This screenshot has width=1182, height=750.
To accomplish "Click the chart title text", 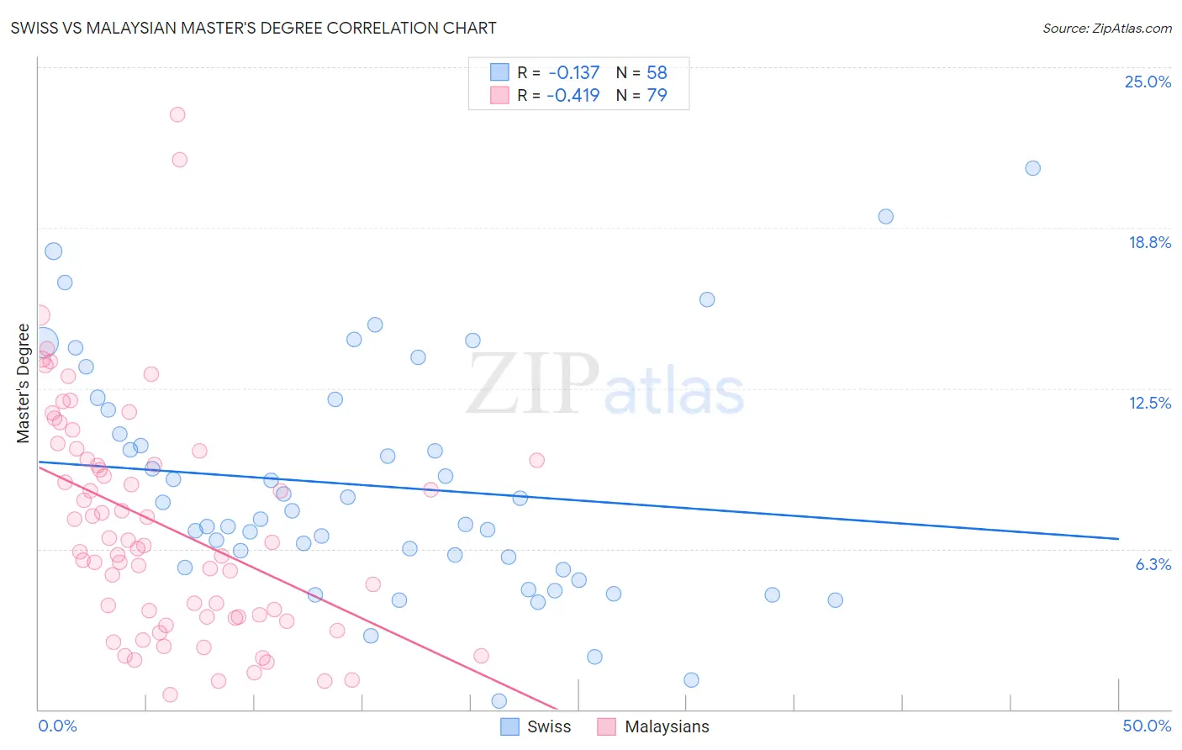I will point(253,28).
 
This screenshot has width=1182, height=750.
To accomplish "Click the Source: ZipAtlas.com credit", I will point(1106,28).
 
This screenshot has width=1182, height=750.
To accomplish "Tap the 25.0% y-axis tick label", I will point(1147,82).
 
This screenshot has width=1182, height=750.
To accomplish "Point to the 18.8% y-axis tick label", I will point(1148,242).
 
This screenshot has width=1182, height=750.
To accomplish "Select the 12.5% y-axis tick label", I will point(1148,403).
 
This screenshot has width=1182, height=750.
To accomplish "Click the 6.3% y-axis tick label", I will point(1153,564).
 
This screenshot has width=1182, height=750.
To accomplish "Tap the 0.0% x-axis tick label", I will point(57,726).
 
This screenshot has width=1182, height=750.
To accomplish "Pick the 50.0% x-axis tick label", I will point(1146,726).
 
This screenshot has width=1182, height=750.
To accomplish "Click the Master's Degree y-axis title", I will point(23,383).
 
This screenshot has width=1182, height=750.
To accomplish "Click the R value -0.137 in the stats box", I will point(573,73).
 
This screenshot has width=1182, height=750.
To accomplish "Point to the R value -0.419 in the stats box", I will point(573,95).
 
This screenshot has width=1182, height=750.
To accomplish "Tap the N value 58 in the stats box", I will point(657,73).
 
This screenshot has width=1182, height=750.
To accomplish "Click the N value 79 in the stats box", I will point(657,95).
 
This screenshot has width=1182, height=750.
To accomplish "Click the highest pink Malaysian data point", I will point(177,114).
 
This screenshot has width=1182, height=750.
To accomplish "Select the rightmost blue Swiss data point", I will point(1032,168).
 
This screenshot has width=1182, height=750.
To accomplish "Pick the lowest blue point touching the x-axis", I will point(499,700).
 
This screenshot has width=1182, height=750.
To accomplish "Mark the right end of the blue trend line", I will point(1118,538).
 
